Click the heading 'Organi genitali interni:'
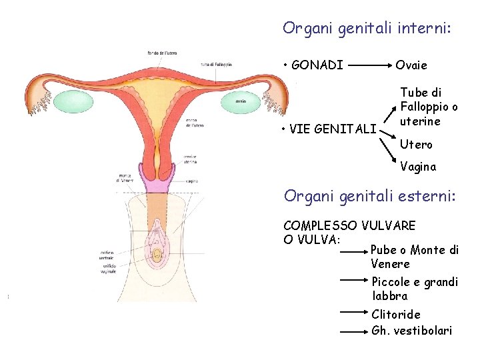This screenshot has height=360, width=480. pyautogui.click(x=367, y=28)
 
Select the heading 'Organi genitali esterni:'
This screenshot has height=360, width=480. pyautogui.click(x=369, y=196)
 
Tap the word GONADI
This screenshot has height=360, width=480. pyautogui.click(x=317, y=65)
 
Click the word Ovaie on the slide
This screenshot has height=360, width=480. pyautogui.click(x=411, y=65)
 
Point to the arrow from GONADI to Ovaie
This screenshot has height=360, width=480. pyautogui.click(x=369, y=66)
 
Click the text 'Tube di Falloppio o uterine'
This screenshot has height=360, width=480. pyautogui.click(x=429, y=107)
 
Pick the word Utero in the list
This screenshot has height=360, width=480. pyautogui.click(x=416, y=144)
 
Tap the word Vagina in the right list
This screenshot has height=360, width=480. pyautogui.click(x=418, y=167)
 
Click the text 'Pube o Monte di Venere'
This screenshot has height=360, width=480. pyautogui.click(x=414, y=257)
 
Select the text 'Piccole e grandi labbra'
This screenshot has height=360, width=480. pyautogui.click(x=415, y=289)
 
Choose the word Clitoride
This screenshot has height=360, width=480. pyautogui.click(x=396, y=314)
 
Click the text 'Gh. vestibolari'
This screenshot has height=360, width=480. pyautogui.click(x=411, y=331)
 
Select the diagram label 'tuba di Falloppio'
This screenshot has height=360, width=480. pyautogui.click(x=216, y=65)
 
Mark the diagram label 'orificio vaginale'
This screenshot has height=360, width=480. pyautogui.click(x=107, y=269)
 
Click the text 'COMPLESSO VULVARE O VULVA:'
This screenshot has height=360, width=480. pyautogui.click(x=349, y=232)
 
